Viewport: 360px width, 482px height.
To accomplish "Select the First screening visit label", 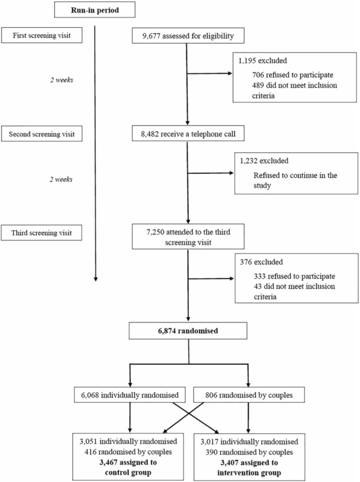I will pos(42,36).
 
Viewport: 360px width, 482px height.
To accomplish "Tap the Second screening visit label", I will pos(42,134).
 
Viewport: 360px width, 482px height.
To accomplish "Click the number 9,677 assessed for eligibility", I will pos(148,36).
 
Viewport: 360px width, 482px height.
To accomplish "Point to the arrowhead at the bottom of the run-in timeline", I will pos(95,279).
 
